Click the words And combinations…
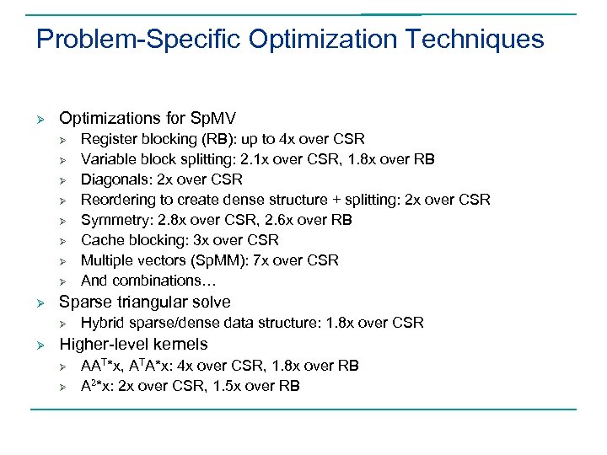(x=141, y=281)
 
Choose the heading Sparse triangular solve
(x=144, y=302)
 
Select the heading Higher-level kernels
(x=133, y=344)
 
